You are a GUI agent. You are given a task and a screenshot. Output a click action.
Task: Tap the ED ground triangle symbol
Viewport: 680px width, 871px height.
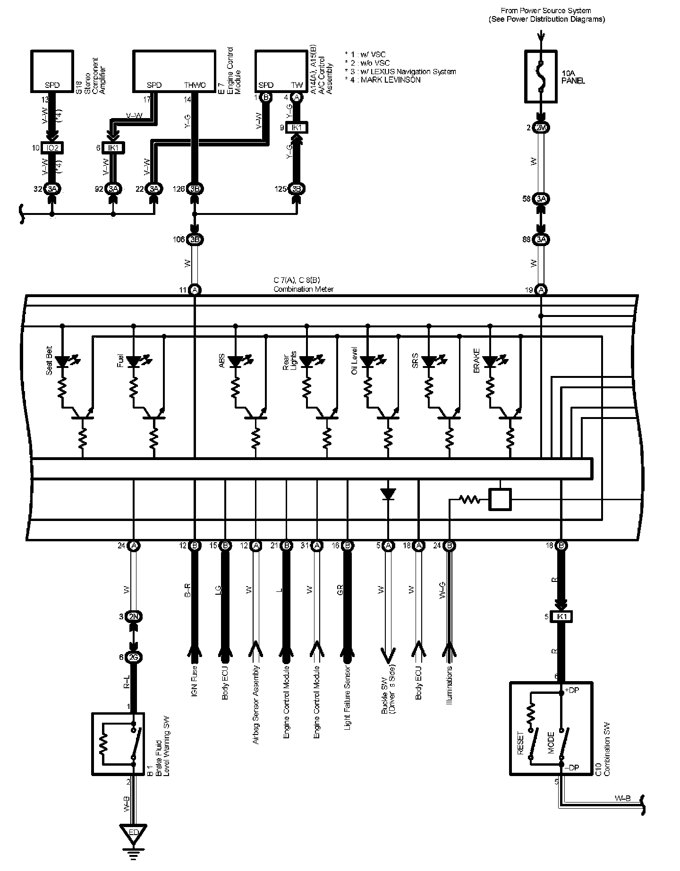tap(133, 830)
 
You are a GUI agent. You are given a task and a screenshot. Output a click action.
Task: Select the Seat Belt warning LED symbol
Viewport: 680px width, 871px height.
tap(62, 362)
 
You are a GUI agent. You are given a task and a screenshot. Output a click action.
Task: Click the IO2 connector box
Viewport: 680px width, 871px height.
tap(52, 148)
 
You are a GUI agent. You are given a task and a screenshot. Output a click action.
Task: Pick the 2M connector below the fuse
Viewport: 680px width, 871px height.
tap(541, 128)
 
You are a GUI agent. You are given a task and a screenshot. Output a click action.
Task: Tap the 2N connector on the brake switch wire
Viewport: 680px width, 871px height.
tap(134, 616)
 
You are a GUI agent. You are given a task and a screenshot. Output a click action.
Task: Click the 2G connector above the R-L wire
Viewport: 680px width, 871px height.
tap(134, 658)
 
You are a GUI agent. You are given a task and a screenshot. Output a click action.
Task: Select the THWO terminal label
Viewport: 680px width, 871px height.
tap(195, 85)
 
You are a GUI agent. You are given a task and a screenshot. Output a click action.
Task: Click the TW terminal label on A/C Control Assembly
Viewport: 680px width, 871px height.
tap(297, 85)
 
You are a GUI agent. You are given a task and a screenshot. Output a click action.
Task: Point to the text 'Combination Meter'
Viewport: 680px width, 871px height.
tap(303, 289)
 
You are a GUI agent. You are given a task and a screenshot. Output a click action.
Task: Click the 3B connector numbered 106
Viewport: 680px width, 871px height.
tap(195, 239)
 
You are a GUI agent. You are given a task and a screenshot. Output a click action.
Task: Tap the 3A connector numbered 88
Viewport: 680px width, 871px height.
tap(541, 239)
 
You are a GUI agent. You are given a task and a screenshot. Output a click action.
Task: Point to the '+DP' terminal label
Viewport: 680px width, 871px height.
tap(573, 690)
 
